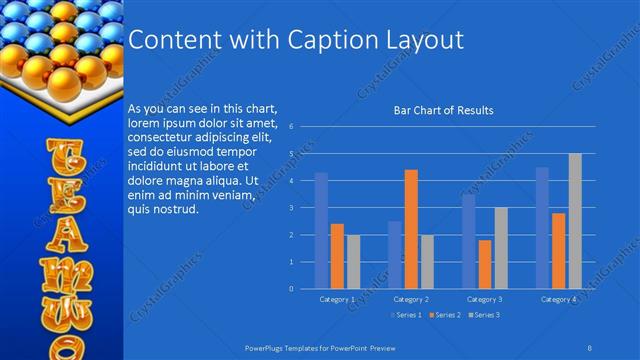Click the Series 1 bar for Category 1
click(321, 231)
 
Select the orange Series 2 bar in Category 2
click(411, 229)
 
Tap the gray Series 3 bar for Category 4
click(575, 221)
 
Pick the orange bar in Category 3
click(485, 264)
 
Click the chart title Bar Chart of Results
click(443, 110)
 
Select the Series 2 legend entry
click(445, 316)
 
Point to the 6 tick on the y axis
click(290, 127)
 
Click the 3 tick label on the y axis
click(290, 208)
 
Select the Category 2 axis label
click(411, 299)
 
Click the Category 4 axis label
click(558, 299)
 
